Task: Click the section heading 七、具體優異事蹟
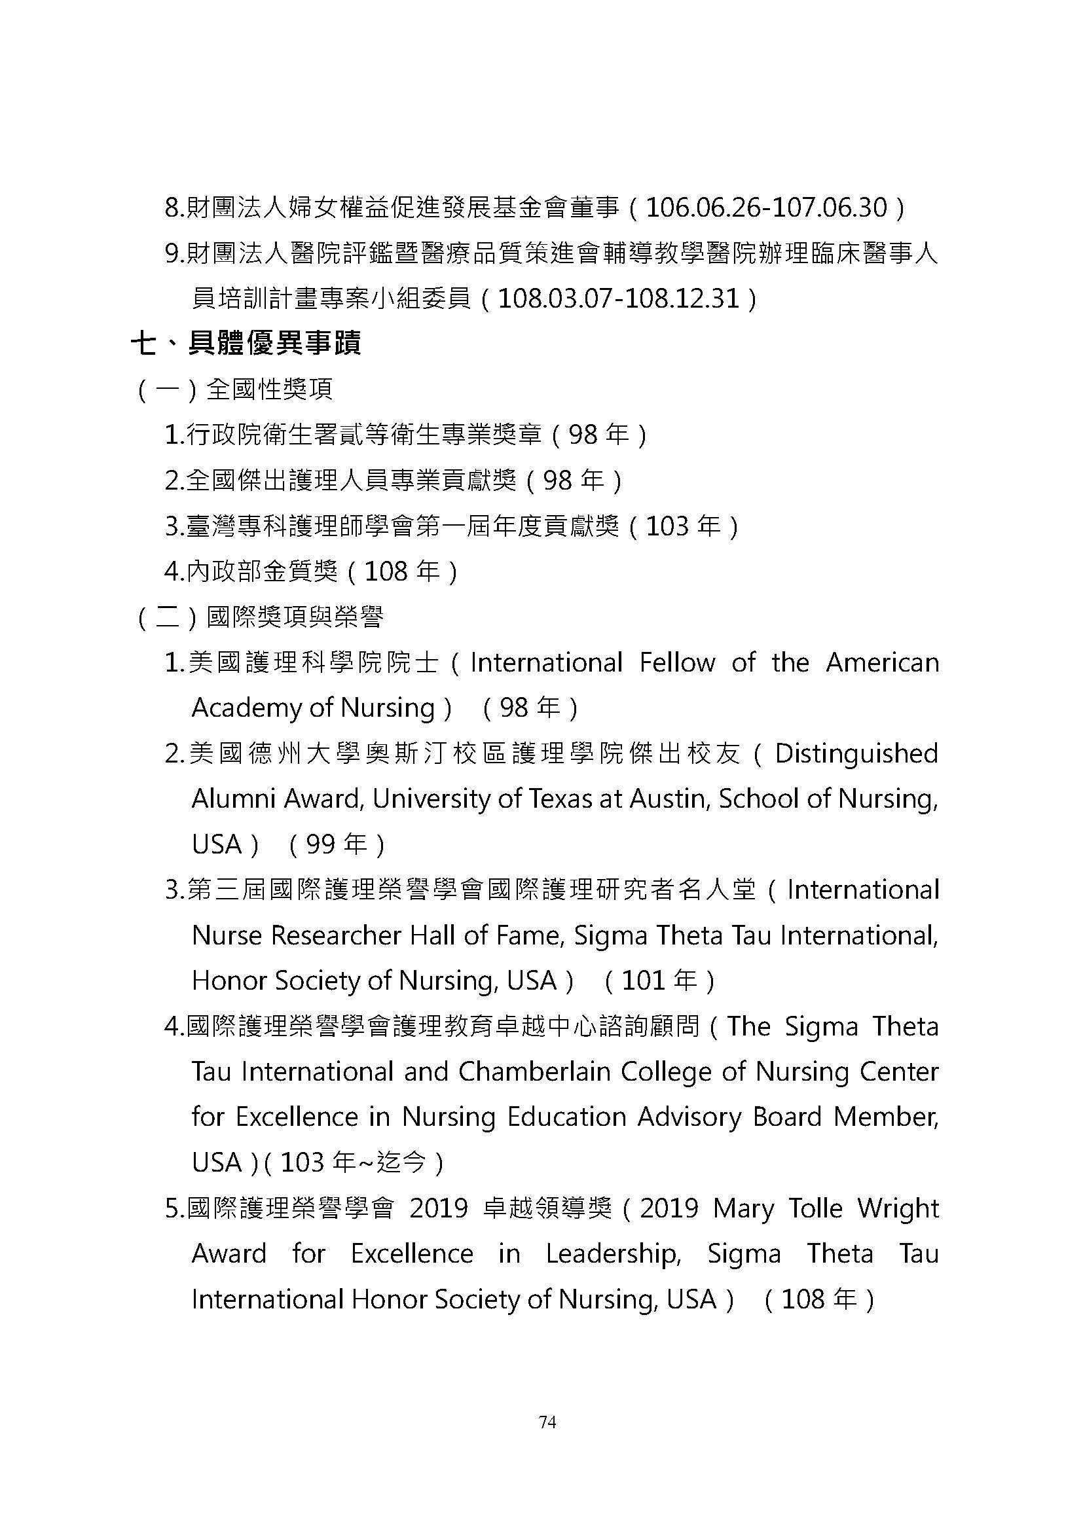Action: coord(246,344)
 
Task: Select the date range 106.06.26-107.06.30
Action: coord(767,209)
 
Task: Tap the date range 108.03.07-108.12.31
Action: coord(619,298)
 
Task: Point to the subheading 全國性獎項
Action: coord(269,389)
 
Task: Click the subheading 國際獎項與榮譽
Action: coord(295,617)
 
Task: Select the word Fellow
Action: coord(676,663)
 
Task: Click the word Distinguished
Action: coord(856,753)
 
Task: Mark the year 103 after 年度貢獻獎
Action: coord(667,527)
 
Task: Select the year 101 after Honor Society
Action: coord(643,981)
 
